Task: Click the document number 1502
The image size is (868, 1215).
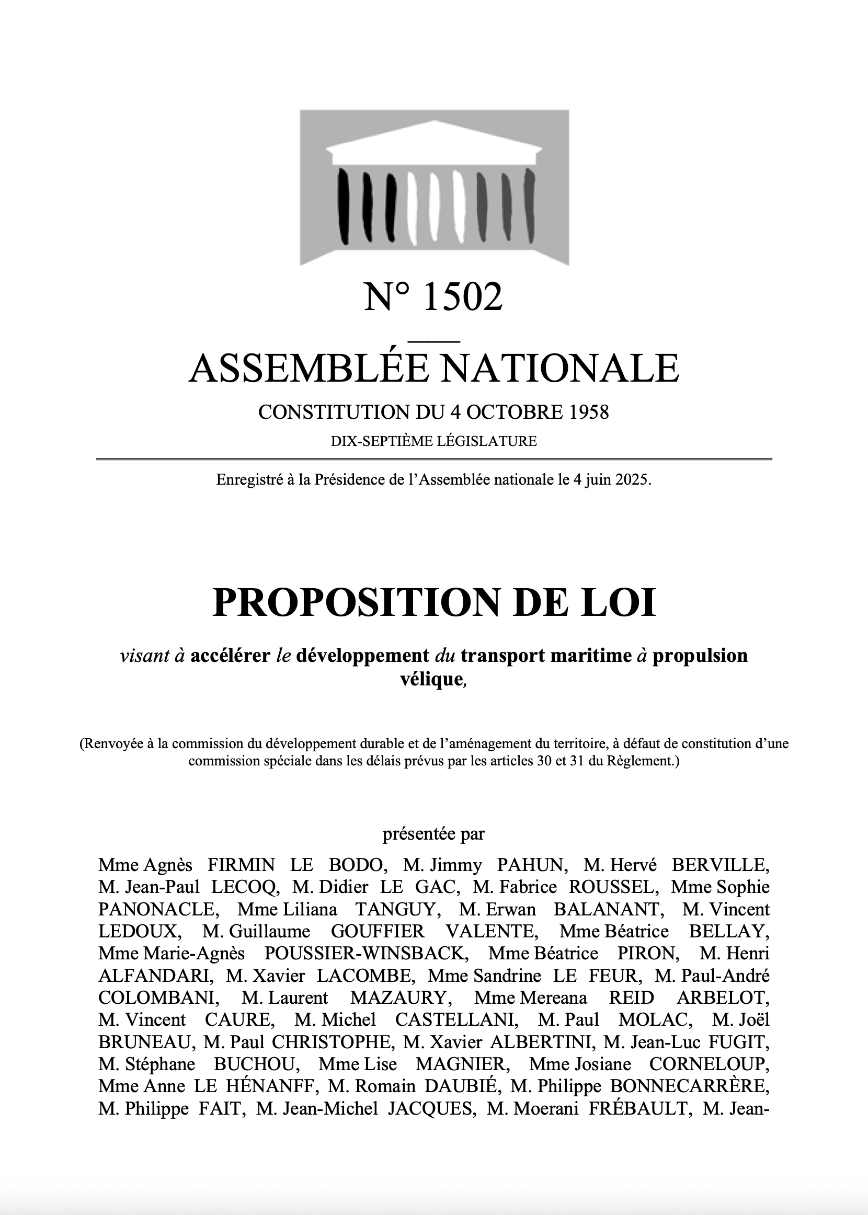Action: coord(462,297)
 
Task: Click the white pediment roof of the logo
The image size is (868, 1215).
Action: coord(434,142)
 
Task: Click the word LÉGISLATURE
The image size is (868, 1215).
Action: coord(487,441)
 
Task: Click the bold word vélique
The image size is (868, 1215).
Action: coord(431,679)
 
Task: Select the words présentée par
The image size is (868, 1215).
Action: coord(433,834)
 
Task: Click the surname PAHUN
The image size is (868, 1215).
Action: coord(530,865)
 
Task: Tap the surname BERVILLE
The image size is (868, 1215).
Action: coord(720,865)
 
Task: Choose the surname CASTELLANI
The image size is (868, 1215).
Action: coord(456,1019)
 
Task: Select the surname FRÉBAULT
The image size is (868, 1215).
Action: coord(637,1109)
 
